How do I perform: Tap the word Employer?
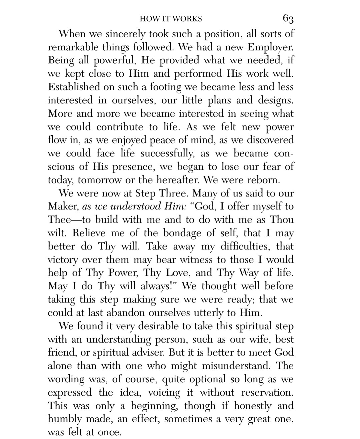click(271, 47)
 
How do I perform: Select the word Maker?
click(63, 206)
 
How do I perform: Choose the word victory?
click(63, 260)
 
